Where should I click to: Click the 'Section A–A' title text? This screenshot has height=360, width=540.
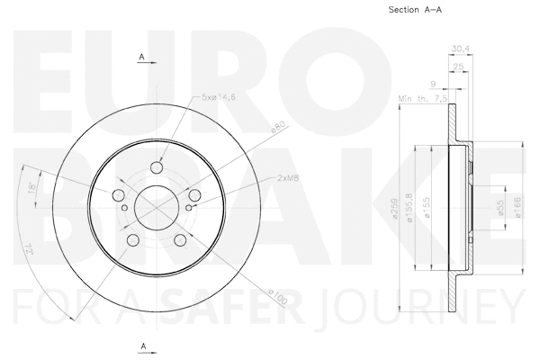415,10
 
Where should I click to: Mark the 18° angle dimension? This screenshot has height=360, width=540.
32,189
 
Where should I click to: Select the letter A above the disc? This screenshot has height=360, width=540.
142,58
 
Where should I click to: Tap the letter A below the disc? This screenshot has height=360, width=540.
142,346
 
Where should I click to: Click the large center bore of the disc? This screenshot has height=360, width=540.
156,209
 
